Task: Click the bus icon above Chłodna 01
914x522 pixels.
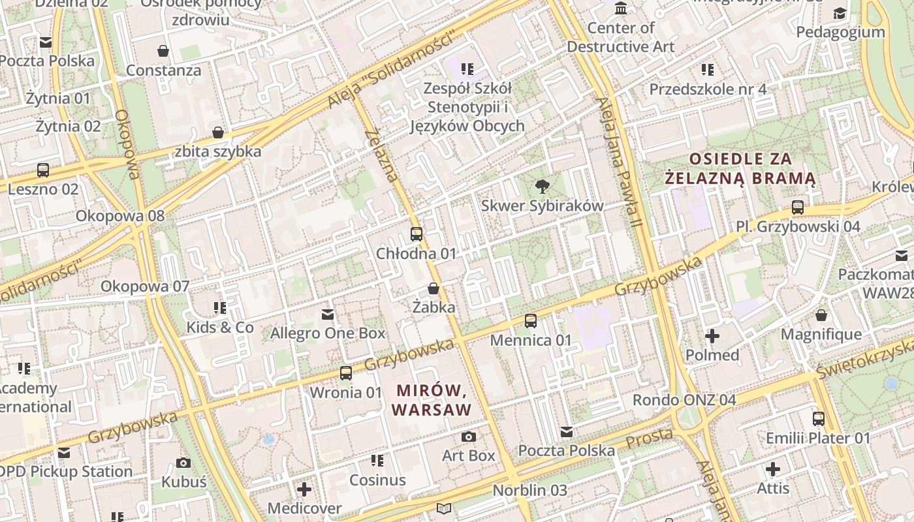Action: coord(417,234)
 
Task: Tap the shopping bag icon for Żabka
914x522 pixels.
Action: coord(433,288)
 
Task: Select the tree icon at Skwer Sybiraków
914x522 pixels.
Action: coord(542,187)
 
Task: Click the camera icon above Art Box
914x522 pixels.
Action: coord(468,437)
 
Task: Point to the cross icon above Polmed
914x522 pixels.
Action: coord(712,336)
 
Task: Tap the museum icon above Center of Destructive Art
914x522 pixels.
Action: coord(621,8)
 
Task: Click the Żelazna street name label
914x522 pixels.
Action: coord(382,155)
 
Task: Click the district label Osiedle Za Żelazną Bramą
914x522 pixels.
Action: coord(740,168)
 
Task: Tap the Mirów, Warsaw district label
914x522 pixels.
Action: coord(433,400)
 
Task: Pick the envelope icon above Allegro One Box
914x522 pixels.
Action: coord(328,315)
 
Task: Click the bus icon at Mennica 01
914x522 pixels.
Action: coord(531,320)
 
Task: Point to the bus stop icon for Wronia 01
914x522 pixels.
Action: coord(346,373)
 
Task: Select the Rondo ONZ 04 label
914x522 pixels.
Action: coord(684,399)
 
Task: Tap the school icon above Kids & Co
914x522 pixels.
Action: coord(220,307)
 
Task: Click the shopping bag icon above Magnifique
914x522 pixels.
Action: coord(821,315)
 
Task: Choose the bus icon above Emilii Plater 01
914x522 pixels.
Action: coord(819,418)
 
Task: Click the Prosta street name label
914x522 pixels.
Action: coord(649,438)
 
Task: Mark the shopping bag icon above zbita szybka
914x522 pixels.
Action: coord(218,132)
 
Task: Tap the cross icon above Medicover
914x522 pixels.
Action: coord(304,489)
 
